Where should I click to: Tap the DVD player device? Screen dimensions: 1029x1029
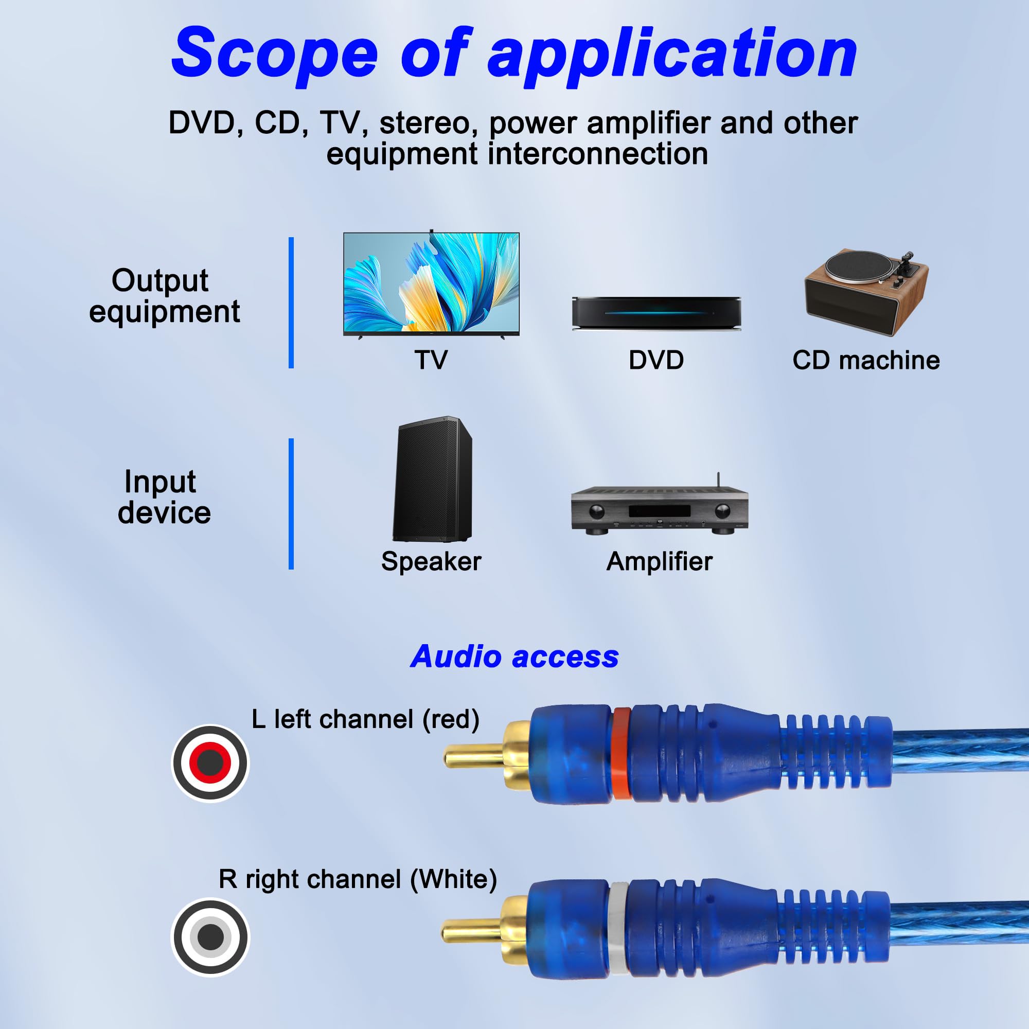656,313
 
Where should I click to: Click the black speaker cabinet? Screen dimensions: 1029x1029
433,480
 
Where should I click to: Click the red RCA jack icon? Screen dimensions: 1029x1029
210,762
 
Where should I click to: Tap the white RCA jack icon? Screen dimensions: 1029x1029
210,937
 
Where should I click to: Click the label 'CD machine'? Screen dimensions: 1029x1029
866,361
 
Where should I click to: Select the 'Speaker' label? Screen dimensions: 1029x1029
432,561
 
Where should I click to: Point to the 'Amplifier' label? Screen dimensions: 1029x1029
660,561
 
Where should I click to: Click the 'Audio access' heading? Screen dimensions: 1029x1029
514,656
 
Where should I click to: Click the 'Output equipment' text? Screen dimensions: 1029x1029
164,296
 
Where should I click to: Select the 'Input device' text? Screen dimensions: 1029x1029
164,497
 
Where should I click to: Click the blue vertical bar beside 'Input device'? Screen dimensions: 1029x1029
291,504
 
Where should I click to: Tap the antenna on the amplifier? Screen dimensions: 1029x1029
718,480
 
